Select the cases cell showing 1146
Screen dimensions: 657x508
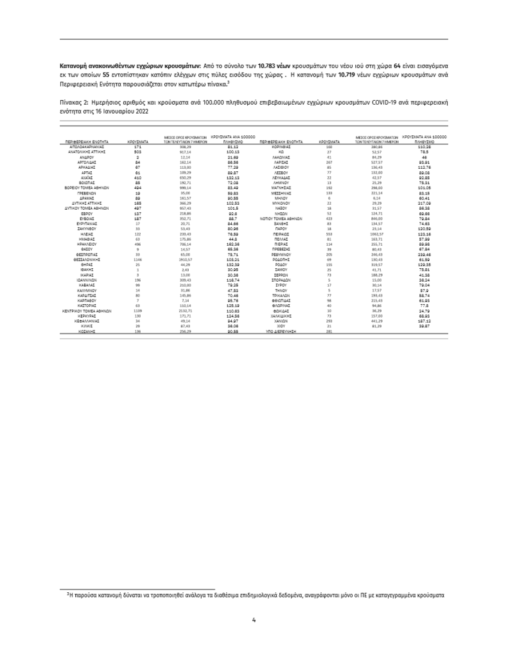(137, 259)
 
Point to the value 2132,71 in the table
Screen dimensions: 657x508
(183, 311)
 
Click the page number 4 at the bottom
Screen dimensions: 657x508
(254, 620)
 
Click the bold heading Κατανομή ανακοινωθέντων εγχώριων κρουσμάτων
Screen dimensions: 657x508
(129, 66)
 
